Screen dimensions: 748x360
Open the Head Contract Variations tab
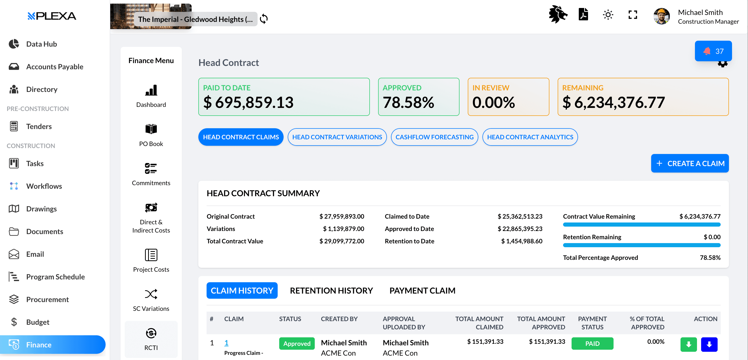[337, 137]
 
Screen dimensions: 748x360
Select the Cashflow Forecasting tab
[434, 137]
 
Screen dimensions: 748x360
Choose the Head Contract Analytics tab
[530, 137]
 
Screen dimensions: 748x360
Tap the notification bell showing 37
[713, 51]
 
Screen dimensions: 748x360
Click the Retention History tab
[331, 291]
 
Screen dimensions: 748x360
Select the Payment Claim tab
[422, 291]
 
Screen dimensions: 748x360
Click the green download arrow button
[688, 344]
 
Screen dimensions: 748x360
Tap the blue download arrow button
[709, 344]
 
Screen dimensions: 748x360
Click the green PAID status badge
[592, 344]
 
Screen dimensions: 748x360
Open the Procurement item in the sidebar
[47, 299]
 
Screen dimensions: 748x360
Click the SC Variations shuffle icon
[151, 294]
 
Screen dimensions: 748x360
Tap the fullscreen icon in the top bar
[633, 15]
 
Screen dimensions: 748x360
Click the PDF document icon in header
[583, 14]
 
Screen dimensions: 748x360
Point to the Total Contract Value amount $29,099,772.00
[342, 241]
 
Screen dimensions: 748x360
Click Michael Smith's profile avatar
[661, 16]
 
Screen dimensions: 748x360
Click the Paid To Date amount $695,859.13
[248, 102]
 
